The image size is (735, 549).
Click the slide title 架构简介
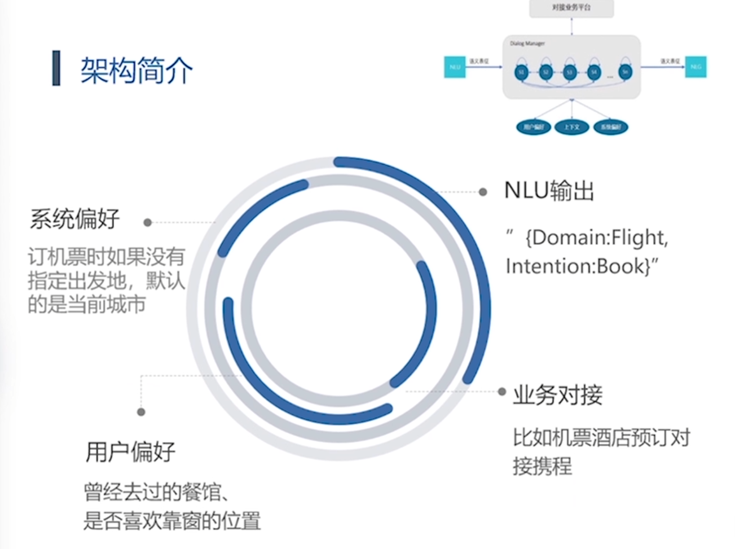pyautogui.click(x=136, y=70)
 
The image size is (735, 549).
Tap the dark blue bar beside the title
pyautogui.click(x=56, y=68)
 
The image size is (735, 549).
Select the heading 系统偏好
pyautogui.click(x=75, y=219)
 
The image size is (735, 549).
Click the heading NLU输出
pyautogui.click(x=549, y=191)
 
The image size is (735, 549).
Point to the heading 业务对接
pyautogui.click(x=557, y=395)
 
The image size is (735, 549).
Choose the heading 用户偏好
pyautogui.click(x=130, y=452)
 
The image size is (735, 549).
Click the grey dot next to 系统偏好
pyautogui.click(x=148, y=222)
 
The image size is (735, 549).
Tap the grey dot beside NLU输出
pyautogui.click(x=483, y=192)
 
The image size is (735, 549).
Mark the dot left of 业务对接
pyautogui.click(x=502, y=392)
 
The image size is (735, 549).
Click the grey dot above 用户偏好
pyautogui.click(x=141, y=412)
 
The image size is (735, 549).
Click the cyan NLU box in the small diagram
pyautogui.click(x=455, y=67)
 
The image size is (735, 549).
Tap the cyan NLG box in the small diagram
pyautogui.click(x=696, y=67)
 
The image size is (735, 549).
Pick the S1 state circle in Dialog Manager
pyautogui.click(x=521, y=72)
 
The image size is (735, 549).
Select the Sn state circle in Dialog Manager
pyautogui.click(x=624, y=72)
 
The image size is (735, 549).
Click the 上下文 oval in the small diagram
pyautogui.click(x=571, y=127)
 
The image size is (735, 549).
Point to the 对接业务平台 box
pyautogui.click(x=571, y=8)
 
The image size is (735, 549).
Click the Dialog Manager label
pyautogui.click(x=527, y=43)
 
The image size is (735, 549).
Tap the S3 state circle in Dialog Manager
pyautogui.click(x=569, y=72)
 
